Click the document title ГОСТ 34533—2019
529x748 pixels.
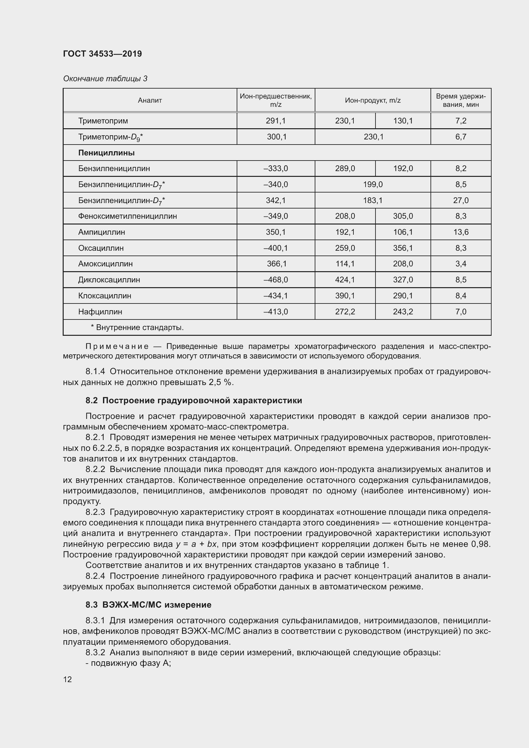[102, 54]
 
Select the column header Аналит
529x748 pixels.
[149, 100]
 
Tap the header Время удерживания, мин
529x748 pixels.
[461, 100]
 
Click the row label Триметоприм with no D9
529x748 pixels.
[103, 121]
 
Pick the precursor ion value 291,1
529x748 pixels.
[276, 121]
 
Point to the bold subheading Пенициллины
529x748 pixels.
[106, 153]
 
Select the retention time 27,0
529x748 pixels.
[461, 201]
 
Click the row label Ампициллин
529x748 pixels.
[101, 232]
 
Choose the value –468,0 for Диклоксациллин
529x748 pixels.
[276, 280]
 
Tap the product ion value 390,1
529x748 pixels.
[345, 296]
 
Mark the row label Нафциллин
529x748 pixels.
[100, 312]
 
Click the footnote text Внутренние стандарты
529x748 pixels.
[139, 327]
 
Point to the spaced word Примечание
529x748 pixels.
[117, 346]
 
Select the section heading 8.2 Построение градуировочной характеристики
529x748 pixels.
[194, 400]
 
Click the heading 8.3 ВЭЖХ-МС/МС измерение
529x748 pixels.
[148, 605]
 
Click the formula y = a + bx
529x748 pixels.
[196, 544]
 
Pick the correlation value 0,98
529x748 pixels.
[480, 544]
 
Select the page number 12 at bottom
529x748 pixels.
[67, 679]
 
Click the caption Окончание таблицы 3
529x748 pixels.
[105, 79]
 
